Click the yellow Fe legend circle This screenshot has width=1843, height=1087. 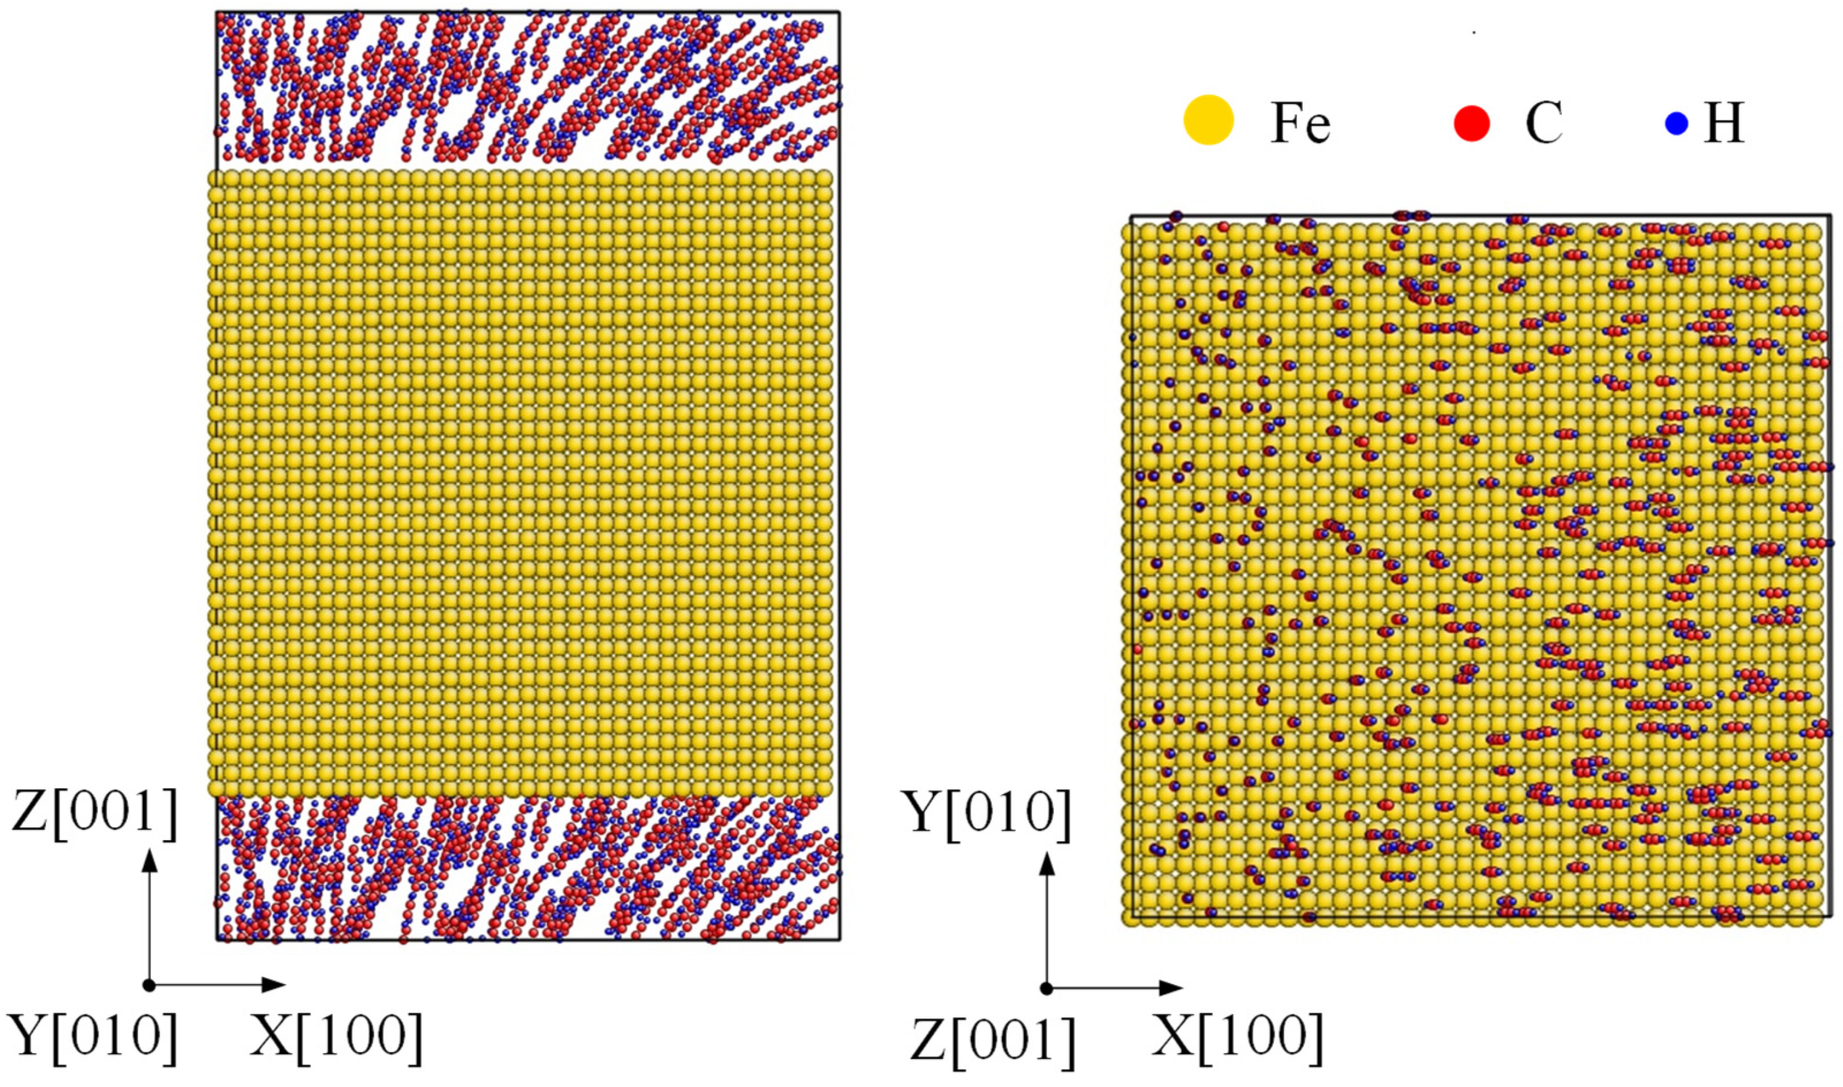(x=1209, y=120)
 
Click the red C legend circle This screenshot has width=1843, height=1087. (x=1472, y=122)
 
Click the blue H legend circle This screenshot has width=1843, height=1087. (x=1677, y=123)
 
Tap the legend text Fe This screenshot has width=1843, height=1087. (x=1300, y=123)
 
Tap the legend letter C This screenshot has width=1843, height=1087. (x=1544, y=123)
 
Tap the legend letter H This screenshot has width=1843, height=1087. (x=1725, y=123)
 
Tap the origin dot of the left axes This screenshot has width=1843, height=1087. (x=150, y=985)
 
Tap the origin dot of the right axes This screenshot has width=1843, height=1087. (x=1048, y=989)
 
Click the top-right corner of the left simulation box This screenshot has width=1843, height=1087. (x=840, y=12)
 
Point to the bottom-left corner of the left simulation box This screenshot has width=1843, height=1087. (x=217, y=940)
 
